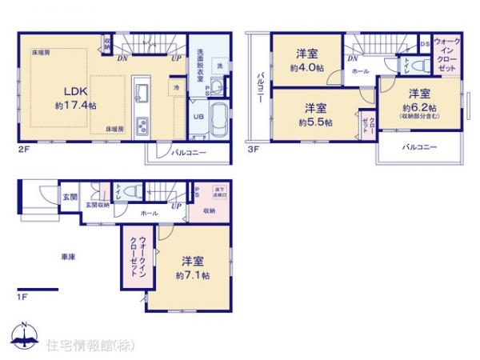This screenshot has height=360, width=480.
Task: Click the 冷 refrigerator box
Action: coord(174,86)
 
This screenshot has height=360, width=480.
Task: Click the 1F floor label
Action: coord(24,298)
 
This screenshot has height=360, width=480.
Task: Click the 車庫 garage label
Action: coord(67,258)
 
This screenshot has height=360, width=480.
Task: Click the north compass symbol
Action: coord(24,337)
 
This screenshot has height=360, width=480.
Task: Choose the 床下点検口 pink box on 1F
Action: coord(219,194)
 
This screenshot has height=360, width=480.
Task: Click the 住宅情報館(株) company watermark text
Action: coord(90,345)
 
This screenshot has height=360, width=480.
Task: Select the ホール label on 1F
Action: coord(149,214)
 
